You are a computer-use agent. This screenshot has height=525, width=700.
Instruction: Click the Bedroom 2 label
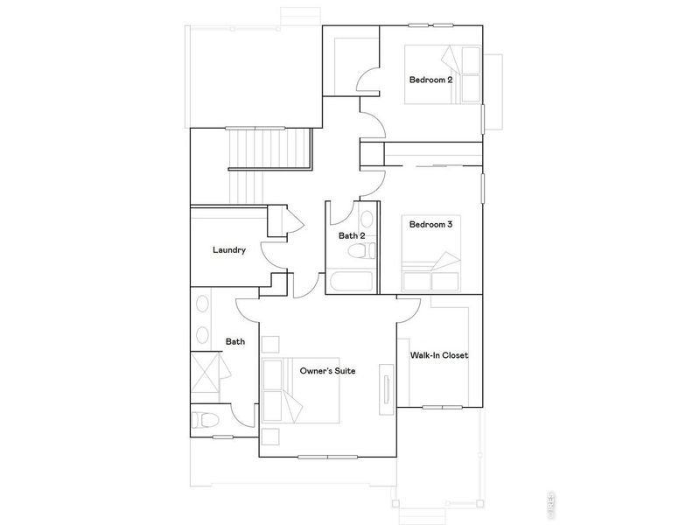point(430,80)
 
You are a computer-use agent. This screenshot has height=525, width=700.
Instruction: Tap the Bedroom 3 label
point(430,225)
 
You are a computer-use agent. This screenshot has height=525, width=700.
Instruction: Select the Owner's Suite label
point(327,372)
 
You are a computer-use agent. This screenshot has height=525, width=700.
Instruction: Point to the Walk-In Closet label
point(439,355)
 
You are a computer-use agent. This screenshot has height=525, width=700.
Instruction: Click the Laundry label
point(228,250)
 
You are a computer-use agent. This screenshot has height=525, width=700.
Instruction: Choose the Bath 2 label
point(352,235)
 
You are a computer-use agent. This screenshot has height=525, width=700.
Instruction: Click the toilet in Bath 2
point(359,253)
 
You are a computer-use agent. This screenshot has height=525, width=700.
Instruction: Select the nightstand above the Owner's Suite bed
point(270,342)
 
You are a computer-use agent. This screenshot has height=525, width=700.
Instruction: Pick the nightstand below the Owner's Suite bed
point(269,437)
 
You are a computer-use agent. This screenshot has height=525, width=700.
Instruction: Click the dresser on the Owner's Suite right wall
point(385,387)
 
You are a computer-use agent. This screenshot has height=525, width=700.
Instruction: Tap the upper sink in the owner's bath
point(202,306)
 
